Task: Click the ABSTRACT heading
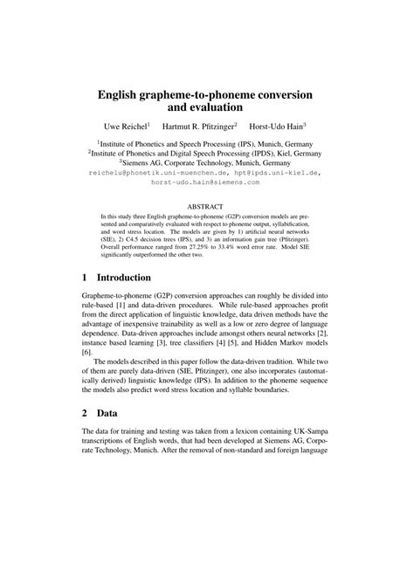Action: [x=206, y=207]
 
